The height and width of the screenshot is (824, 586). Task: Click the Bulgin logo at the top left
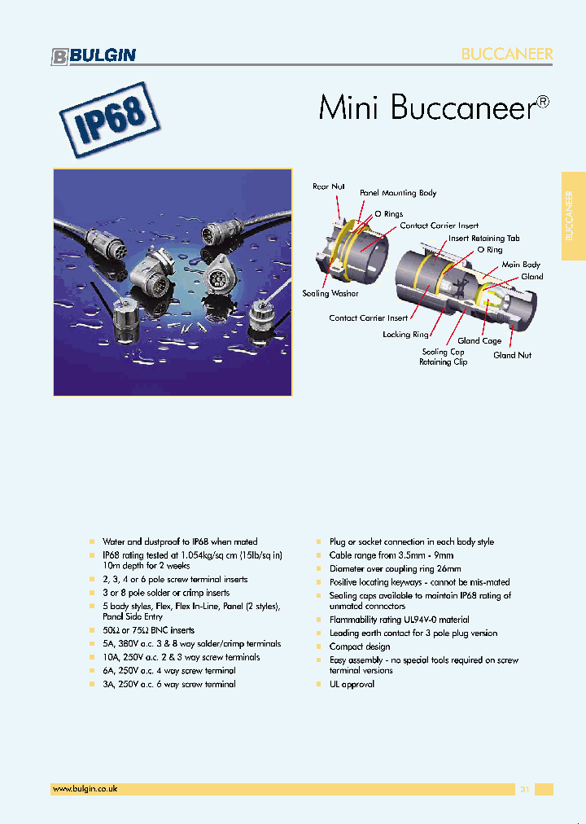pos(94,55)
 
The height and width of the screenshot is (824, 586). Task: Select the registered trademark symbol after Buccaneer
pos(543,103)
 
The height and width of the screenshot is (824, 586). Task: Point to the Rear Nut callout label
pos(329,186)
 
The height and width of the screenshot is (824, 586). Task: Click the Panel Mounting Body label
pos(398,193)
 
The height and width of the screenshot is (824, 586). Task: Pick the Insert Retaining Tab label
pos(483,239)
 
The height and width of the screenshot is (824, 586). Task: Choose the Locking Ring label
pos(405,335)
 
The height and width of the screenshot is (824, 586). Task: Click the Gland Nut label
pos(512,355)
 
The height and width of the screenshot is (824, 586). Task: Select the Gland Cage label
pos(479,341)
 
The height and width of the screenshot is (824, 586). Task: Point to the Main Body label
pos(521,265)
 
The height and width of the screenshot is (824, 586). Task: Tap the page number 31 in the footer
pos(524,789)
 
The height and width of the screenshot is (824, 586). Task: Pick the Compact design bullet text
pos(360,646)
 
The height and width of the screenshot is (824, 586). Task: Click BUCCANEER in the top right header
pos(507,55)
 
